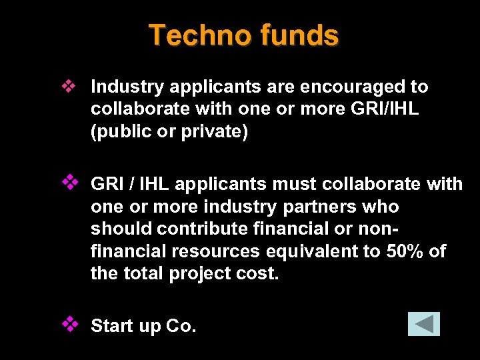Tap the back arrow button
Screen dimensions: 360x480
(x=424, y=324)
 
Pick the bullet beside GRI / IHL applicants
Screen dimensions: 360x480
(x=69, y=181)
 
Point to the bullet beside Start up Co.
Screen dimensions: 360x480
(x=69, y=324)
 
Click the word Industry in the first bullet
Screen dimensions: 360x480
(x=127, y=87)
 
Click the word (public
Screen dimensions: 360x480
(x=119, y=131)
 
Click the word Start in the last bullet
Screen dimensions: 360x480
(x=111, y=326)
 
